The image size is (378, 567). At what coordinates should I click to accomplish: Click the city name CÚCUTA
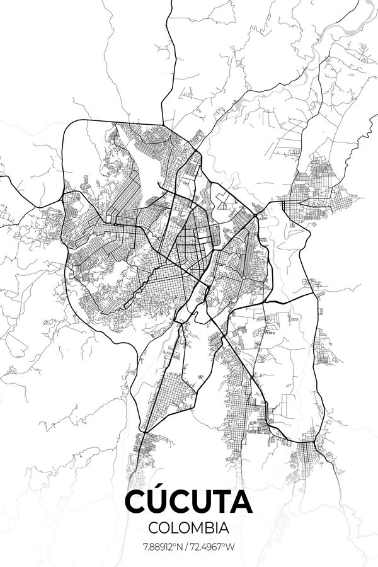tap(189, 502)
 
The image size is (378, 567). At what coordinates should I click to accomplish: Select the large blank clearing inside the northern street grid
tap(151, 161)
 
